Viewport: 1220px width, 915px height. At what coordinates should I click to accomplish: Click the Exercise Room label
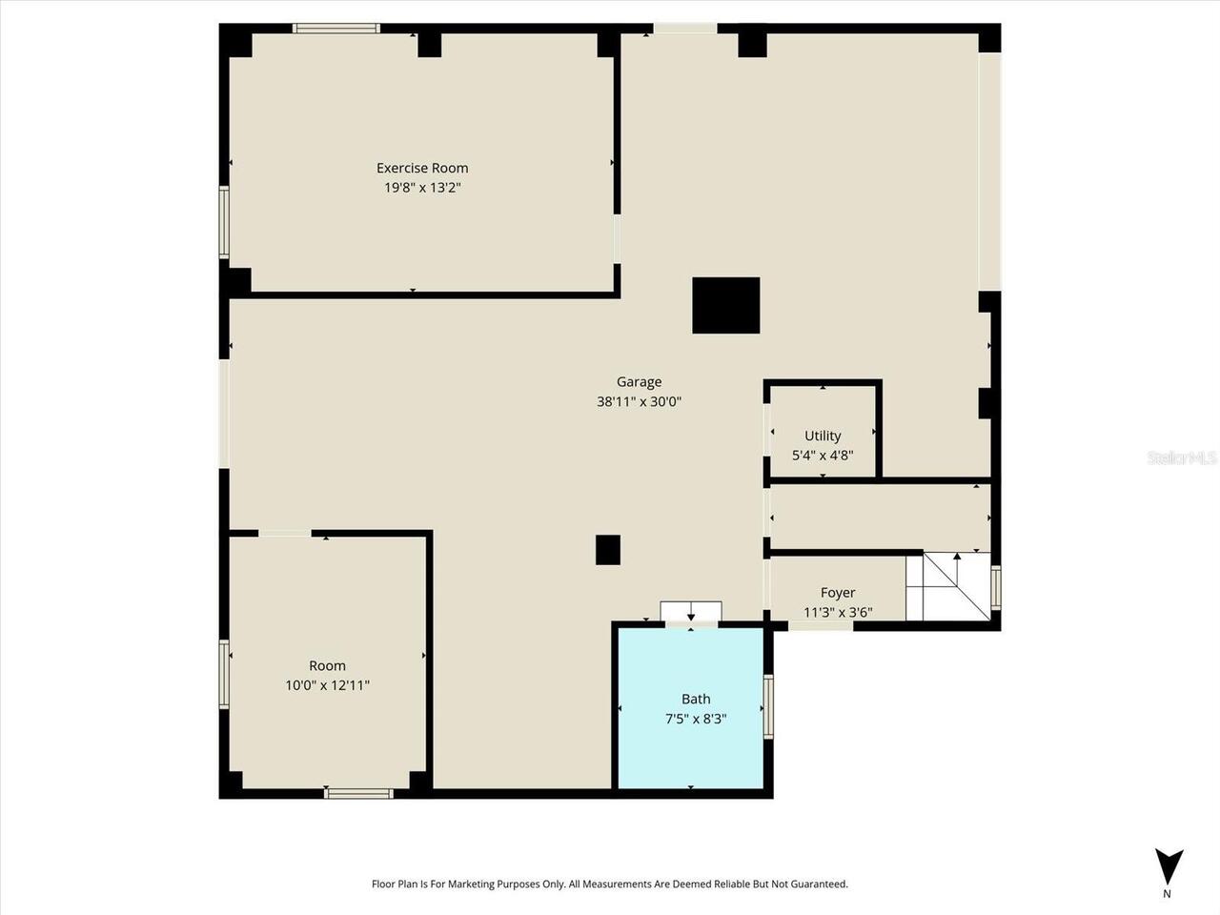click(x=422, y=169)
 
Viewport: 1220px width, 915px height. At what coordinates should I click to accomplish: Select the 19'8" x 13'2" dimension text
click(x=422, y=188)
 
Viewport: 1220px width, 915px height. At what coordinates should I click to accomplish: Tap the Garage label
click(x=639, y=382)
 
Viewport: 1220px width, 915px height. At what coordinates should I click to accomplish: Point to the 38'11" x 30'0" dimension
click(x=639, y=401)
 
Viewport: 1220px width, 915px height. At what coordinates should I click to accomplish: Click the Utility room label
click(x=823, y=437)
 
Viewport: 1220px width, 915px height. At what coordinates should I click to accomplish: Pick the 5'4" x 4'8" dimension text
click(x=823, y=456)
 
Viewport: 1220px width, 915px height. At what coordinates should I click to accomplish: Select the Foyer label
click(x=838, y=593)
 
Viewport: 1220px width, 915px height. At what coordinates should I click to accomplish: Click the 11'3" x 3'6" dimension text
click(x=838, y=612)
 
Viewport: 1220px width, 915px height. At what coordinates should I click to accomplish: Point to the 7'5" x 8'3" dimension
click(x=696, y=719)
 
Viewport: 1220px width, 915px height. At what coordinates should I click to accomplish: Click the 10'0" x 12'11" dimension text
click(x=327, y=684)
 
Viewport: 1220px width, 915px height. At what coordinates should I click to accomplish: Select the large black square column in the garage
click(x=726, y=305)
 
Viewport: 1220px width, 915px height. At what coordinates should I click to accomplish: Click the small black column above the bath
click(x=608, y=550)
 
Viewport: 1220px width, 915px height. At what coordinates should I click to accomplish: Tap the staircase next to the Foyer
click(x=948, y=586)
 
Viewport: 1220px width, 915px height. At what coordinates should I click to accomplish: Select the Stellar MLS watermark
click(x=1182, y=458)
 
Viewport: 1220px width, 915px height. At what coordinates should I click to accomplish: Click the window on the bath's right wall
click(x=768, y=706)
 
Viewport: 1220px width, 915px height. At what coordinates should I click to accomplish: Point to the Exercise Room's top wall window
click(x=336, y=29)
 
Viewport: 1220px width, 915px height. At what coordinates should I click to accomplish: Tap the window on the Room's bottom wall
click(x=358, y=793)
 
